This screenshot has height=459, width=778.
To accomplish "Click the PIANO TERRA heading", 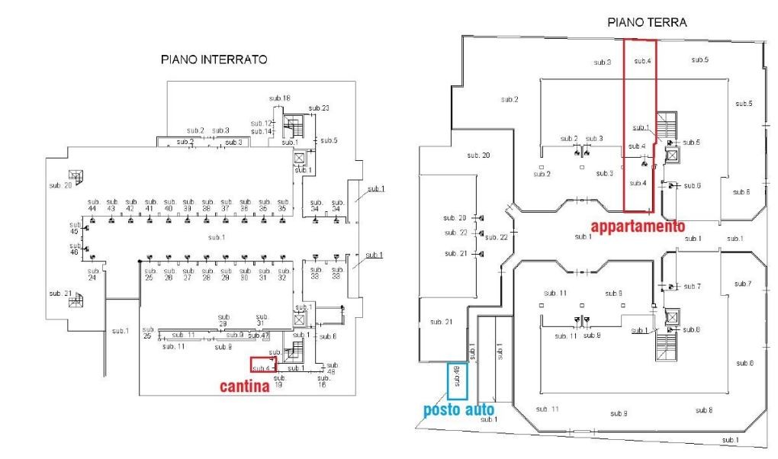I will (x=647, y=24).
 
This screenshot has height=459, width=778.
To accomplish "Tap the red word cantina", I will (x=245, y=387).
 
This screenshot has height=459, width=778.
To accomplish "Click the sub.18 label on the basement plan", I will (x=280, y=98).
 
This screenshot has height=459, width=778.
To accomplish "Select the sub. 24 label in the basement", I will (x=93, y=274).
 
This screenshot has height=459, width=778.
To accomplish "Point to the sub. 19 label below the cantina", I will (x=278, y=382).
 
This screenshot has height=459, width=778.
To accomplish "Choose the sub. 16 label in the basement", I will (x=324, y=382).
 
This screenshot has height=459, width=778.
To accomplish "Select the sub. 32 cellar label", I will (x=282, y=274).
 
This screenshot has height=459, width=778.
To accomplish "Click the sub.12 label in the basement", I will (x=262, y=123).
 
